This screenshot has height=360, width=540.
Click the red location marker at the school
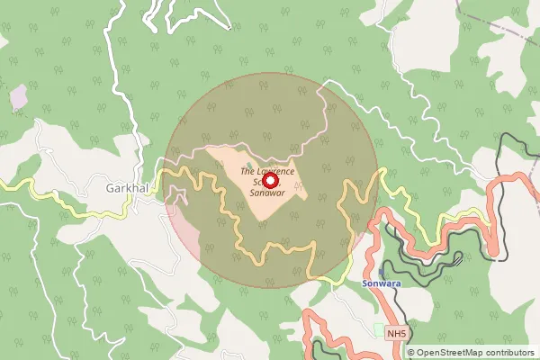coord(271,180)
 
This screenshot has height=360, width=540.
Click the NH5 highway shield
coord(398,335)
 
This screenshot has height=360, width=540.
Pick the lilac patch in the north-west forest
coord(19,97)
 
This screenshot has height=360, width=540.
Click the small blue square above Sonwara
coord(381,271)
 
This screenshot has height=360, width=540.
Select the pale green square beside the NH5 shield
coord(378,330)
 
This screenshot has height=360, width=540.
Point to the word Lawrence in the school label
coord(274,170)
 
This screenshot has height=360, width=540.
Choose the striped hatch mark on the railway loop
coord(458,260)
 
